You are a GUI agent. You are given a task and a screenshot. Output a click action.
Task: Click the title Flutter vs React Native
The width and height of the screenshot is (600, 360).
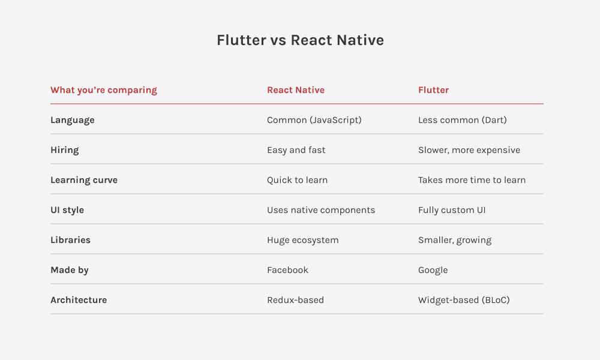tap(300, 40)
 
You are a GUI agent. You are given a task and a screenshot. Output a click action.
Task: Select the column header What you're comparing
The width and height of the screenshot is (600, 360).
tap(104, 90)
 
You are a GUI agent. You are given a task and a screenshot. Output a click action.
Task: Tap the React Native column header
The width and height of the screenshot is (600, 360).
tap(296, 90)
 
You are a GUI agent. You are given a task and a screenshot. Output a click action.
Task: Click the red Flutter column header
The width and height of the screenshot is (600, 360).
tap(433, 90)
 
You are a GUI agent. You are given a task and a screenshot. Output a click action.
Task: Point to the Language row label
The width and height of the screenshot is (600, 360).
tap(73, 120)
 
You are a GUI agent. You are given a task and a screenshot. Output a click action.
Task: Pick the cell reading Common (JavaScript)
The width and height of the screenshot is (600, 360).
tap(314, 120)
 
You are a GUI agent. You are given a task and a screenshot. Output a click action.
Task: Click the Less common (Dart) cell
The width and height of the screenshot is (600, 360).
tap(463, 120)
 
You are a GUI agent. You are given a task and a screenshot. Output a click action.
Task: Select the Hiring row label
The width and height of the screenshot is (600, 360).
tap(64, 150)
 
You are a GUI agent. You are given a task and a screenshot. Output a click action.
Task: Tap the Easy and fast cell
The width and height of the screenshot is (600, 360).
tap(296, 150)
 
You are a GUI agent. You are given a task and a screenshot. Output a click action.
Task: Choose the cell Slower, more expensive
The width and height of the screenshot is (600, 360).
tap(469, 150)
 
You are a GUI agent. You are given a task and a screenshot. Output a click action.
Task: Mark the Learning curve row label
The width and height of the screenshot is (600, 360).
tap(84, 180)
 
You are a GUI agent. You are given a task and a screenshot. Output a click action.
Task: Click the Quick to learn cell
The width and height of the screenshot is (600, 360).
tap(298, 180)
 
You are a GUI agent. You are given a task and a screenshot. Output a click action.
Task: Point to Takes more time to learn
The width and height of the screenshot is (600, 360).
tap(472, 180)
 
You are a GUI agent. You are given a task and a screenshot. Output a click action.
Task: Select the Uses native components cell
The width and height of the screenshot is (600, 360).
tap(321, 210)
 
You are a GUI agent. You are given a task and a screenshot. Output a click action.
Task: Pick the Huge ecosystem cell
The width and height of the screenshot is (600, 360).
tap(303, 240)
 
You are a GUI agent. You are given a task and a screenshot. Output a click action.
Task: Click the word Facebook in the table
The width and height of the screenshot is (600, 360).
tap(287, 270)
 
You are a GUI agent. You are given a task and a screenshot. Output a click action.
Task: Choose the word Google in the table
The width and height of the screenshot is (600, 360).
tap(433, 270)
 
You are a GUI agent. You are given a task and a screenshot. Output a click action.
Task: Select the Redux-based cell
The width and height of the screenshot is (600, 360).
tap(295, 300)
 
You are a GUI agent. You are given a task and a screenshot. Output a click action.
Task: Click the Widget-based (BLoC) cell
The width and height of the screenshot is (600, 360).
tap(464, 300)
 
